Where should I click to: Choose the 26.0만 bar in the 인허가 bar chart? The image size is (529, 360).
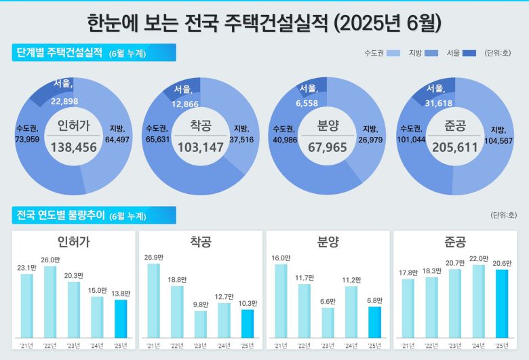click(x=50, y=302)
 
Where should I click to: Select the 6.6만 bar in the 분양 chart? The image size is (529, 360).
click(x=328, y=323)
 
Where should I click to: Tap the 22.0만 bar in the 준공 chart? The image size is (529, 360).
click(x=478, y=302)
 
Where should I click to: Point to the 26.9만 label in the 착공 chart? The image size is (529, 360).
click(x=154, y=257)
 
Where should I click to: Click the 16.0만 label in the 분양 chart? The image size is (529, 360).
click(x=281, y=258)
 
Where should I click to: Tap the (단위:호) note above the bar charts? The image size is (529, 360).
click(x=503, y=215)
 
